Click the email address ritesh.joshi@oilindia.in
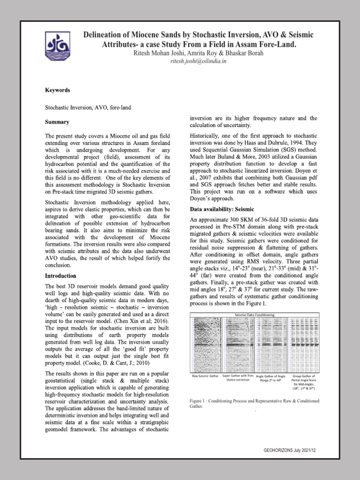pos(198,61)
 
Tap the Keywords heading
pos(57,90)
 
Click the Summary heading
pos(57,122)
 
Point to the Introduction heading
pos(60,276)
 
